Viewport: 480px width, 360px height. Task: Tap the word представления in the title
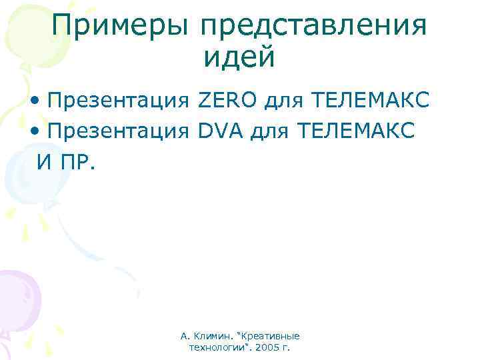[x=313, y=27]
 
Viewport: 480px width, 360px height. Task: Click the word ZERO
[x=227, y=101]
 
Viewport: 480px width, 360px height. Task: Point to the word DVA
[x=223, y=131]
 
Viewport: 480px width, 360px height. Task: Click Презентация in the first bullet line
[x=119, y=101]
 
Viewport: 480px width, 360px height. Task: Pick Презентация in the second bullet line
[x=119, y=131]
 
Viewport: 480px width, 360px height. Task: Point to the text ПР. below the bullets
[x=78, y=161]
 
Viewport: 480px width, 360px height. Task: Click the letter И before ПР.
[x=45, y=161]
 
